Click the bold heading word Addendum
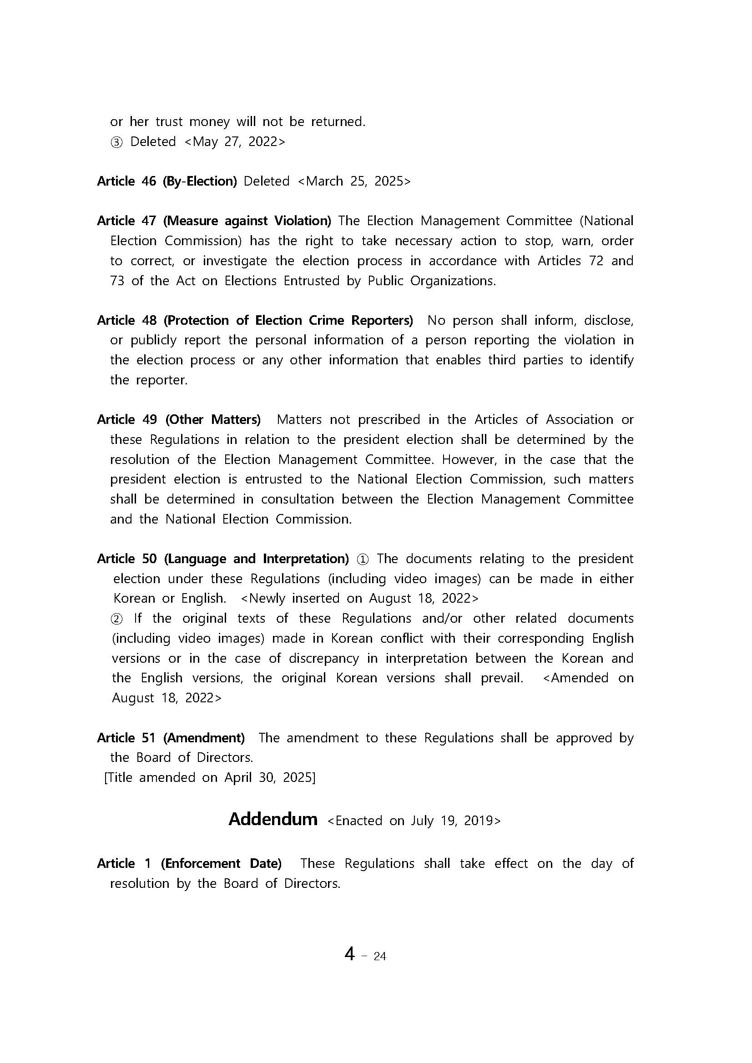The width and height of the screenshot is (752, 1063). [273, 819]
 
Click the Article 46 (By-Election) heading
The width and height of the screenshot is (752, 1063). [167, 181]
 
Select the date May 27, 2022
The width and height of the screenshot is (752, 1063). [235, 141]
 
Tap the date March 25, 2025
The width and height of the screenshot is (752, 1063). [353, 181]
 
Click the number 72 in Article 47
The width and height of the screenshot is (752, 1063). [596, 261]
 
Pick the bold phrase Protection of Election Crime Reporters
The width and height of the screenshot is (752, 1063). [288, 320]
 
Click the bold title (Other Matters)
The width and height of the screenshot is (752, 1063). [213, 419]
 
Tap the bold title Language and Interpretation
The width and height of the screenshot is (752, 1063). [257, 559]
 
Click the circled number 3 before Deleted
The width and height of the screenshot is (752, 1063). [116, 142]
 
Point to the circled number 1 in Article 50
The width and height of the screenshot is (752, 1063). [363, 559]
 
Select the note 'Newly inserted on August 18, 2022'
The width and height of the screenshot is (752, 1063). [360, 598]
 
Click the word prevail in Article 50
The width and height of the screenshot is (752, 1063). [502, 678]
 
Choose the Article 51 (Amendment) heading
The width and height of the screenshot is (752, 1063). [171, 737]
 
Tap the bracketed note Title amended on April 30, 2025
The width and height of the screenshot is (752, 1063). [210, 777]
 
